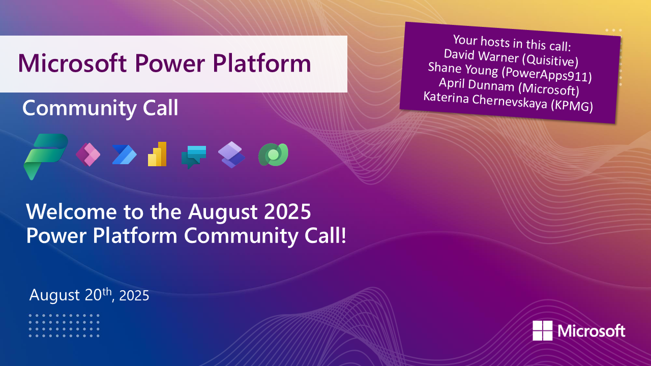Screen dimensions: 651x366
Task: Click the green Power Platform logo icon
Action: [46, 157]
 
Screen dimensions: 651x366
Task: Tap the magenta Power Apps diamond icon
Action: [88, 155]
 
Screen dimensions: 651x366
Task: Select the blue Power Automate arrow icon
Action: [125, 155]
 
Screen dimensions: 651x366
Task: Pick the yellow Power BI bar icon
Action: [157, 154]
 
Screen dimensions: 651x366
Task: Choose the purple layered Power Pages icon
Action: [231, 155]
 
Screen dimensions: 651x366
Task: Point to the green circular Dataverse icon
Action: [273, 155]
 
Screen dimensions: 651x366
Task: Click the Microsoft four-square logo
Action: [542, 330]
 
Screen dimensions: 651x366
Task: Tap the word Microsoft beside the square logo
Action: [591, 331]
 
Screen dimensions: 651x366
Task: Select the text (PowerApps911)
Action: [547, 74]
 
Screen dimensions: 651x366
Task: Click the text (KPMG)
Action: [572, 105]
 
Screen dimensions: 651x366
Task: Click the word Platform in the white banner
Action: [262, 63]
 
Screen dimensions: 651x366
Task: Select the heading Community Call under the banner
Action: [100, 108]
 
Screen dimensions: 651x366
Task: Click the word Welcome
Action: [72, 212]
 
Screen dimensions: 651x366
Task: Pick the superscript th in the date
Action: [107, 291]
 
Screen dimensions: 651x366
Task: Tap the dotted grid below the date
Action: [64, 325]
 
